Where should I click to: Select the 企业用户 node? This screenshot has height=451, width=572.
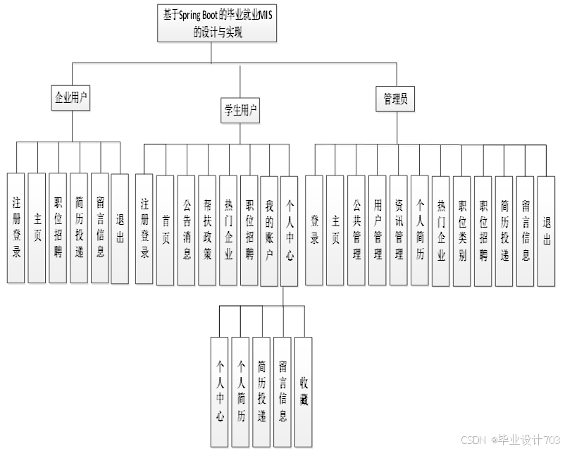(73, 97)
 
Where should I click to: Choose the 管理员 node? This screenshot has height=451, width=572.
(395, 99)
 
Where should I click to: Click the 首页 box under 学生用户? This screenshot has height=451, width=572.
(165, 229)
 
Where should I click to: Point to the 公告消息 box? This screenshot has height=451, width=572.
(186, 229)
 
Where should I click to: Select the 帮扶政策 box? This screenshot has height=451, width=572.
(207, 229)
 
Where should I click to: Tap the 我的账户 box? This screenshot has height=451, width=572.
(270, 229)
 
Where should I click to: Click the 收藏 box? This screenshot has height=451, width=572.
(304, 391)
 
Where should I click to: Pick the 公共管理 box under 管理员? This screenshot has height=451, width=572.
(356, 229)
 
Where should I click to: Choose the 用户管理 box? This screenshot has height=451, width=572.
(378, 229)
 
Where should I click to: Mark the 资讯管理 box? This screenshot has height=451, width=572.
(399, 229)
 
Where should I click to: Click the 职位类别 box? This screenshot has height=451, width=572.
(462, 229)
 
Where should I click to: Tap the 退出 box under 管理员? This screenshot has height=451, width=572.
(547, 229)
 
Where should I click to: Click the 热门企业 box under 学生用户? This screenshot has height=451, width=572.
(228, 229)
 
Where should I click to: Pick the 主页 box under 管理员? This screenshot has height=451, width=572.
(335, 229)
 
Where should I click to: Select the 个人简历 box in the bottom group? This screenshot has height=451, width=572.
(241, 391)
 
